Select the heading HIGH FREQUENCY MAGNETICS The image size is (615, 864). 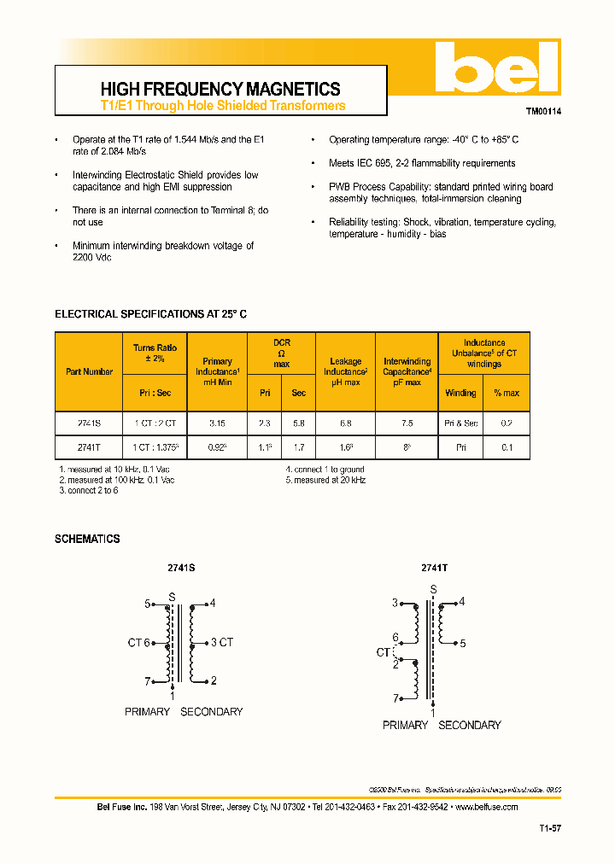220,89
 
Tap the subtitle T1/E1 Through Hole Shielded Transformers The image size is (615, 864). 223,106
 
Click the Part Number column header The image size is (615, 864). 89,371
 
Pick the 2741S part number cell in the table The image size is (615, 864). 89,423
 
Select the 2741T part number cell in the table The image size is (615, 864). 89,447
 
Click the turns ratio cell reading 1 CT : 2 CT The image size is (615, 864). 155,423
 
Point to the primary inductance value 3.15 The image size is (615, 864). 218,423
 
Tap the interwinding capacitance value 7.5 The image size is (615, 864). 407,423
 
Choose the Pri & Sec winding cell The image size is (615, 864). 461,423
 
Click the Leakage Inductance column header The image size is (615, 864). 346,371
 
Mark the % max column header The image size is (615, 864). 507,393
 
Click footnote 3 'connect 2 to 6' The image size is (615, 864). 88,491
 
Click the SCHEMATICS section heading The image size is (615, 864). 87,539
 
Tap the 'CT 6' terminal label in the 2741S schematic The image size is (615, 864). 139,643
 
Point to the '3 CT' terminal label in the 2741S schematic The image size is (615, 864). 222,643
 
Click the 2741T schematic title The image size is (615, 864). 434,567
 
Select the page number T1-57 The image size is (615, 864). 550,828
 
